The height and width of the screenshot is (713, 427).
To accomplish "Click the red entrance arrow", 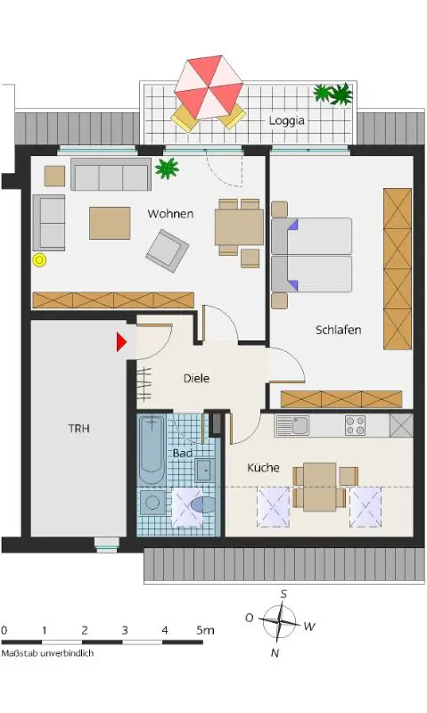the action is [121, 342].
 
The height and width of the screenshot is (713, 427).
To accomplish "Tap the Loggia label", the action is [286, 120].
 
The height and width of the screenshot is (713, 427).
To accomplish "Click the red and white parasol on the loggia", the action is [209, 86].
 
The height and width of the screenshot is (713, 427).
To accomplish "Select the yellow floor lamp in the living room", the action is [40, 260].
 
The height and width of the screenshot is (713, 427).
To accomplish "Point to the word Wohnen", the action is [170, 214].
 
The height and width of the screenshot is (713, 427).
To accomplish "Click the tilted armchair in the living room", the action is [167, 250].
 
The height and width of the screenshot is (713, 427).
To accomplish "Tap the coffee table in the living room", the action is [110, 223].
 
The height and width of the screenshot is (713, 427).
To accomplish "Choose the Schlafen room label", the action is [339, 330].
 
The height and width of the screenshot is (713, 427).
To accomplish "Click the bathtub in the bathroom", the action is [152, 449].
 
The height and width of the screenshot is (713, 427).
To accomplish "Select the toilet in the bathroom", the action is [201, 504].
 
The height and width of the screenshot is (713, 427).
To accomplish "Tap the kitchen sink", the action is [292, 426].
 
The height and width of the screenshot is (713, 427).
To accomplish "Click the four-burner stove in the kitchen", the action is [355, 426].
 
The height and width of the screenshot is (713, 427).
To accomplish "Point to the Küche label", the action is [263, 467].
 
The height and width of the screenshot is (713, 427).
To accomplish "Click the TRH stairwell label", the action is [79, 429].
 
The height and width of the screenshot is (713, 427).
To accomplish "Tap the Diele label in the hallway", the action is [196, 378].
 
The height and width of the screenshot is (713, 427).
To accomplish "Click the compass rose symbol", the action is [279, 621].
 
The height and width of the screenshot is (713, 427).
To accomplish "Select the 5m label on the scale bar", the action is [205, 630].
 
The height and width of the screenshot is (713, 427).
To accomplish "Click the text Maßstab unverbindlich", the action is [47, 653].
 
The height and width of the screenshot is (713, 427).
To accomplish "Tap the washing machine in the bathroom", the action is [152, 502].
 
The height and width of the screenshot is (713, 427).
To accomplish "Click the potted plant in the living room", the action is [167, 168].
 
